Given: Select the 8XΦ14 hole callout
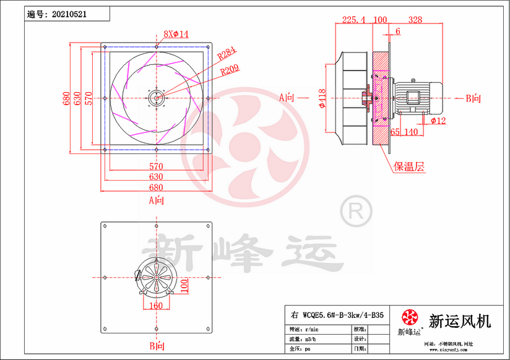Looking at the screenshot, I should [x=176, y=33].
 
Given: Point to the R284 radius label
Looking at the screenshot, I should [x=228, y=54].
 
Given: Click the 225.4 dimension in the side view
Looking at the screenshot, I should [x=353, y=20].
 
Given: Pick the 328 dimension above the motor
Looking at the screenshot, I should [x=415, y=20].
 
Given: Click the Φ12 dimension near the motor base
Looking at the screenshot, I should [x=439, y=120].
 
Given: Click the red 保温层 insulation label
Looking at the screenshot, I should [x=410, y=166].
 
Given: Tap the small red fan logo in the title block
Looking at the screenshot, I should [x=410, y=319].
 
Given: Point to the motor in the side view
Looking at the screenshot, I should [x=417, y=98].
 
